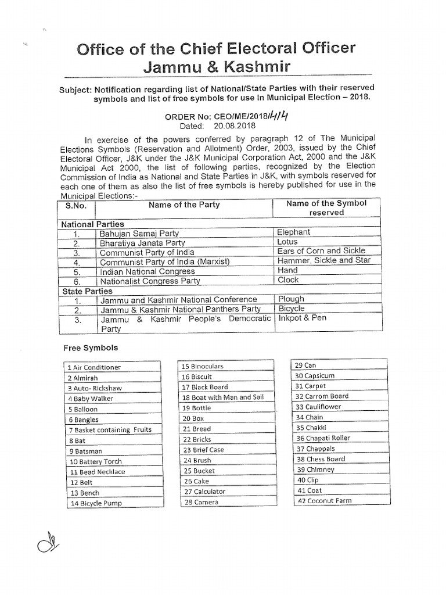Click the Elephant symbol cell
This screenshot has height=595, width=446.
pos(294,232)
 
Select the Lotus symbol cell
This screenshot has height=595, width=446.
pos(287,242)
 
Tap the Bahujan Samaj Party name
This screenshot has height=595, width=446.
pos(139,233)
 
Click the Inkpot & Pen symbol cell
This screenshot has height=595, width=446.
pos(302,318)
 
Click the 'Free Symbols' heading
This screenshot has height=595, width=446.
pos(90,348)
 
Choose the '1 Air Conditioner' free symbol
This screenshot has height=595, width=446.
pos(94,368)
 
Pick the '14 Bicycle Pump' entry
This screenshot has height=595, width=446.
pos(96,504)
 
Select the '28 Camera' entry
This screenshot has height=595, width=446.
pos(200,502)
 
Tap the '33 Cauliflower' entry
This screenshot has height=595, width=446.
pos(318,407)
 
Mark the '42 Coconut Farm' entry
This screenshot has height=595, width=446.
pos(323,501)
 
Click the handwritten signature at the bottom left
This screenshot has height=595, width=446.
pos(45,545)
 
